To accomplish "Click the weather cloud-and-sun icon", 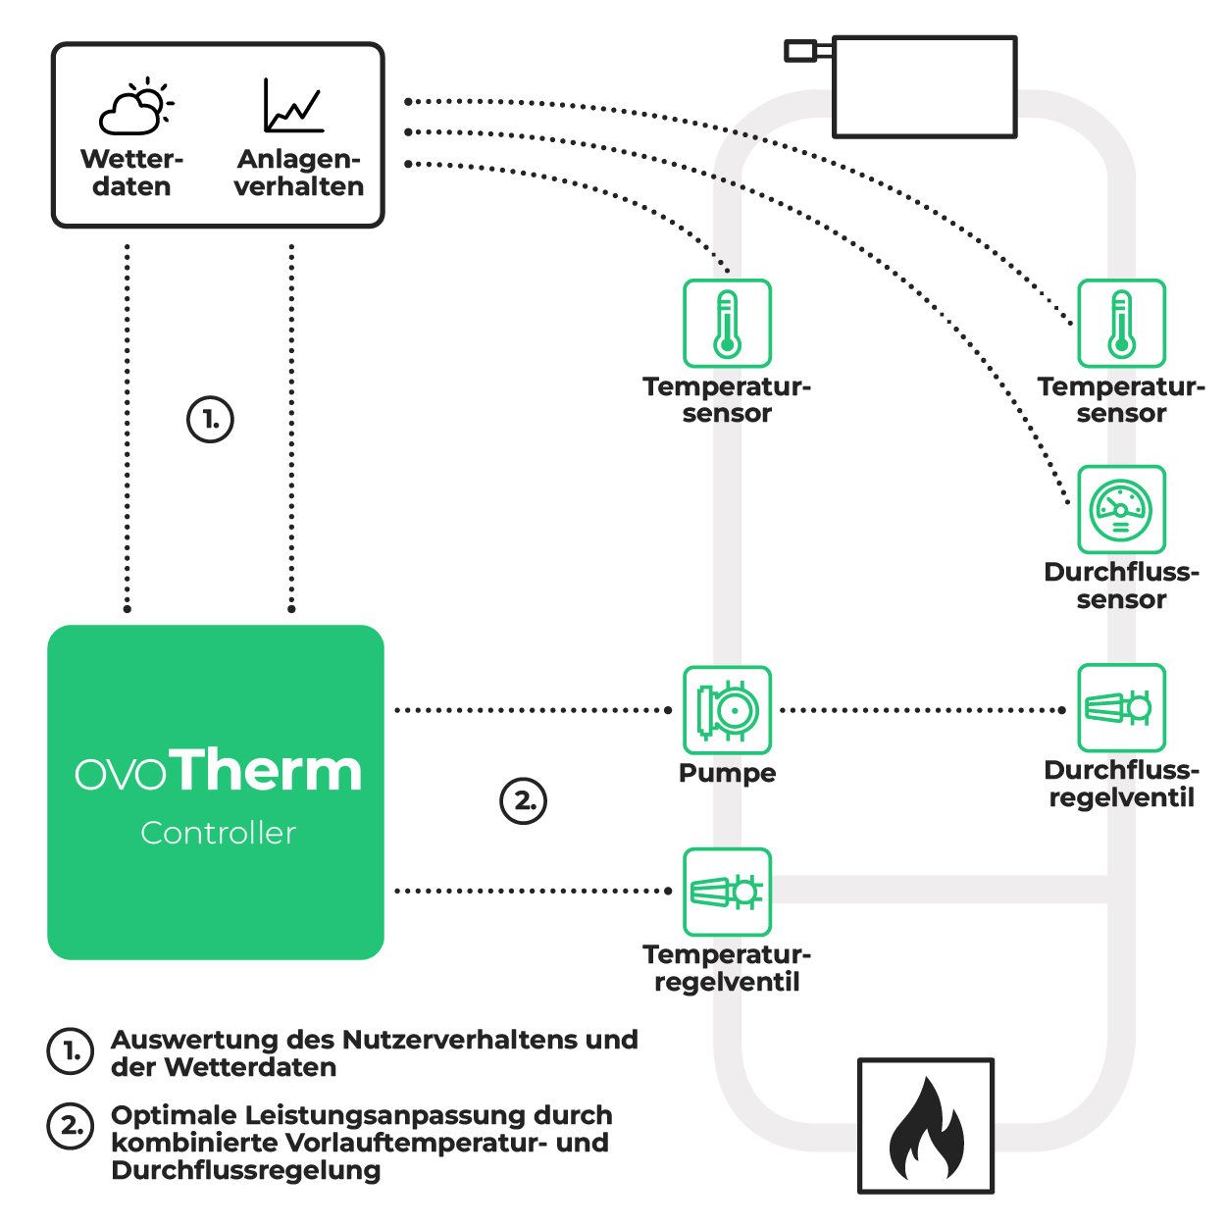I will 135,107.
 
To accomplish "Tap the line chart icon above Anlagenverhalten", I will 292,106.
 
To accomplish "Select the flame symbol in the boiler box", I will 926,1128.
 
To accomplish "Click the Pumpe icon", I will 727,710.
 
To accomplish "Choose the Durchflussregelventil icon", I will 1121,707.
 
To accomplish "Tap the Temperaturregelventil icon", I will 727,892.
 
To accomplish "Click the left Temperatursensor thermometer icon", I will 727,324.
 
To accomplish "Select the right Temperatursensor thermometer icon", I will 1121,324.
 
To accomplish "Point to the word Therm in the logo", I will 270,770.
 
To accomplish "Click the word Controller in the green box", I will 218,833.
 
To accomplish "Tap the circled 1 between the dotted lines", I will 210,420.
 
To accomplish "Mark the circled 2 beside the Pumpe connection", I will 524,800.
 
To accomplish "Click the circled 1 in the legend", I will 71,1051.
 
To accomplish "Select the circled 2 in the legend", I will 71,1126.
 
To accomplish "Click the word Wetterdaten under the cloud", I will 131,173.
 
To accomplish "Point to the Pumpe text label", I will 727,773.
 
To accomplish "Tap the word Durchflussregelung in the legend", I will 245,1170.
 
